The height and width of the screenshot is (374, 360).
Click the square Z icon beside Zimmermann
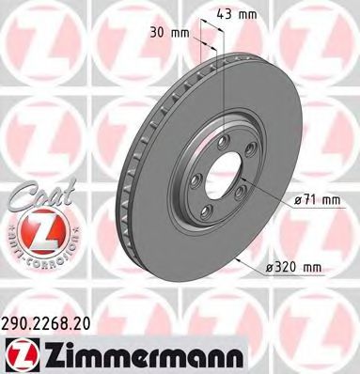coord(22,351)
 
